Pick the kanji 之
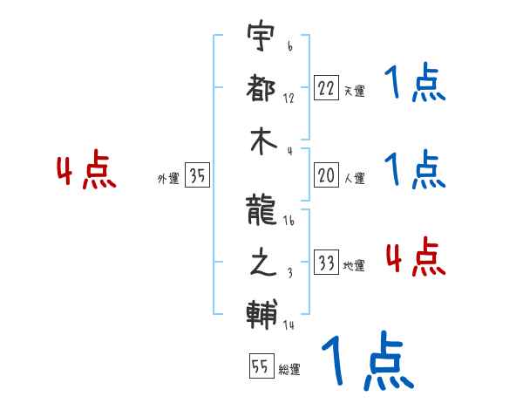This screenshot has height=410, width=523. pos(261,263)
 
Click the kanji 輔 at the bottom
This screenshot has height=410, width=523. pos(261,312)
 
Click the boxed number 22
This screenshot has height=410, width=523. pos(325,88)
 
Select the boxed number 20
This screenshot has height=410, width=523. pos(325,175)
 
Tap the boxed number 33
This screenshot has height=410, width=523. pos(325,263)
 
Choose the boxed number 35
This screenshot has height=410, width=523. pos(197,175)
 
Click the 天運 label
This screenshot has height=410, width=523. pos(354,91)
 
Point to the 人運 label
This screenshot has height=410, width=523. pos(354,178)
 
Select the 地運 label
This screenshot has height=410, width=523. pos(354,265)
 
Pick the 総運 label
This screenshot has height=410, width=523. pos(289,370)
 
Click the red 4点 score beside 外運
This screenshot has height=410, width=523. pos(86,172)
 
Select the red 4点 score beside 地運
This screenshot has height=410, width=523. pos(415,256)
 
